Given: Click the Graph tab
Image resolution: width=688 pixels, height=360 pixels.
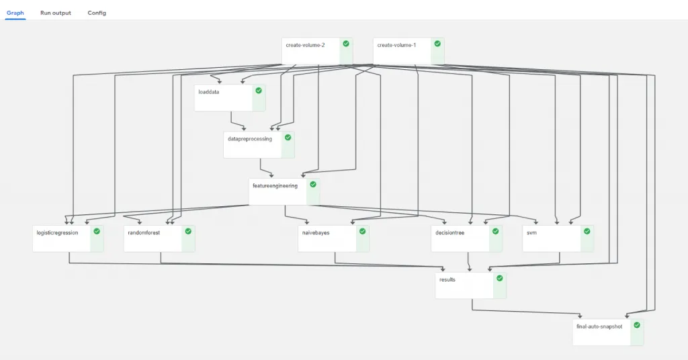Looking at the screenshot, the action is pos(15,13).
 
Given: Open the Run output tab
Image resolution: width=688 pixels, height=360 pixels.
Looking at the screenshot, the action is pos(55,13).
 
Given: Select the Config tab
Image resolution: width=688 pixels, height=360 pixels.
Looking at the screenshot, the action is pos(97,13).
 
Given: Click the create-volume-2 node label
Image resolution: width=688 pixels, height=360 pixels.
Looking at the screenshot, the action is pos(306,45).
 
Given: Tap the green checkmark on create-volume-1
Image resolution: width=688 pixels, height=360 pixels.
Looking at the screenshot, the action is pos(437,44).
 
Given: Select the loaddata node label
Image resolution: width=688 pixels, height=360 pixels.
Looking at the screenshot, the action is pos(208,92).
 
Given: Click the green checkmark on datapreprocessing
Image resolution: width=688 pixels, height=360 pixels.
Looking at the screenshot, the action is pos(288,137).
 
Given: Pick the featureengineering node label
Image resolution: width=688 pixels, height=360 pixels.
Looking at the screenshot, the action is pos(275,186).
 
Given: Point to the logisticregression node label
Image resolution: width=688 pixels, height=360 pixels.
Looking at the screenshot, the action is pos(57,233).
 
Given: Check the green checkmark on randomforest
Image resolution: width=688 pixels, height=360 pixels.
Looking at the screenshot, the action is pos(188,231).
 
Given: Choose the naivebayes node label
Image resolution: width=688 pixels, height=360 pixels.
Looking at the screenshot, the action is pos(316,233).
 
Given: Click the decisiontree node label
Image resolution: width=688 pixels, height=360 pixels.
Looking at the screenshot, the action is pos(449,233).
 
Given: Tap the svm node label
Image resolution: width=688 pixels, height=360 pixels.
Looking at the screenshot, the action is pos(532,233).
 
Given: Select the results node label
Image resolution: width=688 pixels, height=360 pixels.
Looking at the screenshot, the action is pos(447,280).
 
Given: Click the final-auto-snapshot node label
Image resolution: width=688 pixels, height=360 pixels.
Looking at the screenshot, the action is pos(599,326).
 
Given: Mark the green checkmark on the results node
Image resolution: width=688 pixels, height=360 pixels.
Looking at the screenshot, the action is pos(499,278).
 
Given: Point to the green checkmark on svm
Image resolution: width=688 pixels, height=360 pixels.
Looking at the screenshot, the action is pos(587,231).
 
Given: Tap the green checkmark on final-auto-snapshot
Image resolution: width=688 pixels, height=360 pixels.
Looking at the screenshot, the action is pos(637,325).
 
